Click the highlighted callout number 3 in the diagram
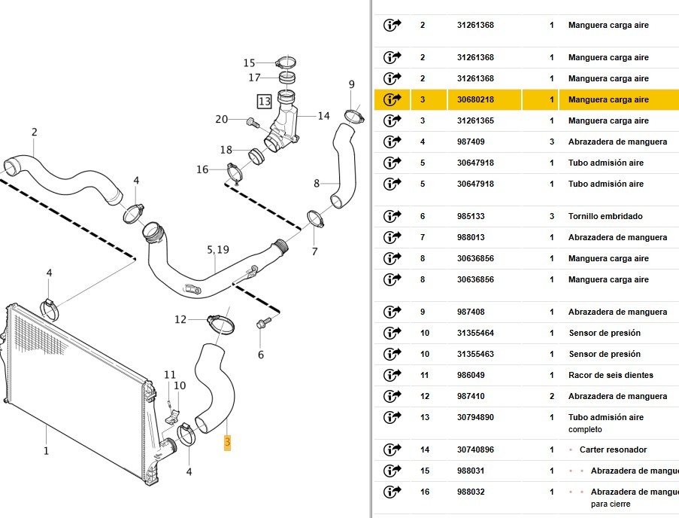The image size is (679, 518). tap(226, 443)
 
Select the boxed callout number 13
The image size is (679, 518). tap(264, 101)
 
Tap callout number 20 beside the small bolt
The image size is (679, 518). tap(221, 119)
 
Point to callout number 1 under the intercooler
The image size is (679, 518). tap(46, 451)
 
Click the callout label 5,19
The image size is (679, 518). tap(218, 249)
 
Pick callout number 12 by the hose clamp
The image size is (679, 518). tap(180, 319)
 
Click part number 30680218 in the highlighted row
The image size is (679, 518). tap(475, 99)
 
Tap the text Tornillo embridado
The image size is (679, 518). tap(605, 216)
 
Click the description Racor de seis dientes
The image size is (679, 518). tap(611, 375)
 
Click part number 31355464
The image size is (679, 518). tap(475, 333)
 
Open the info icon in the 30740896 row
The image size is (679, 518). tap(393, 449)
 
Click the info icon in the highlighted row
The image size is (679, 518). tap(393, 99)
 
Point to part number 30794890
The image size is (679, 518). tap(475, 417)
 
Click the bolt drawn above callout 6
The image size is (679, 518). tap(263, 324)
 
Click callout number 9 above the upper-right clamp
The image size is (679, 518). tap(351, 84)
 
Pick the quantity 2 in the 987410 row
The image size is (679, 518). tap(552, 396)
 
